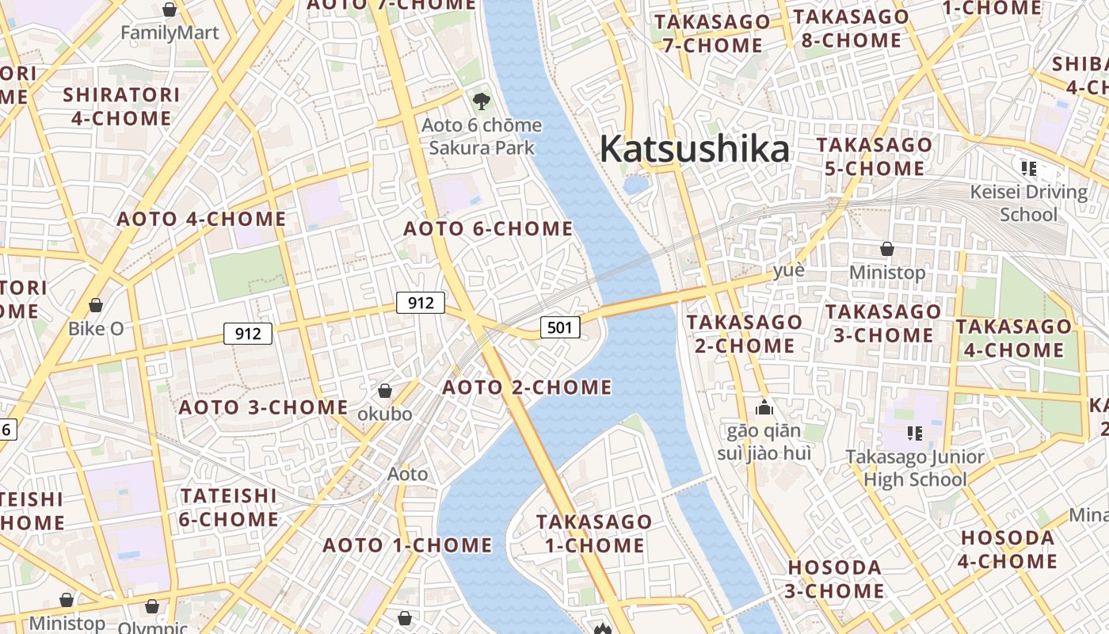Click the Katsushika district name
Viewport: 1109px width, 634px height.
(694, 148)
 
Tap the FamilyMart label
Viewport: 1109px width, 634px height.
(170, 33)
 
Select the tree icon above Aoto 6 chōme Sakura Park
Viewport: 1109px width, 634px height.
(481, 101)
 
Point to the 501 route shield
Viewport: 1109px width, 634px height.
(560, 327)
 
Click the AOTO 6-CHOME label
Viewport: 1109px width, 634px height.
(488, 229)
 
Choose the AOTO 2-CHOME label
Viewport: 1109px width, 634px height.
(527, 388)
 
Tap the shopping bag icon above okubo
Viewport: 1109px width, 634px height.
(385, 391)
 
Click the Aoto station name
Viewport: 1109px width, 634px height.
(407, 474)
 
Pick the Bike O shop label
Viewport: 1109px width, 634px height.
(96, 328)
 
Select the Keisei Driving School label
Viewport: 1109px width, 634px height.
(1029, 203)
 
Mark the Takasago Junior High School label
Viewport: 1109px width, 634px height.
(915, 468)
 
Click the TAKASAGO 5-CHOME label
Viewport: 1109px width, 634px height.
(875, 156)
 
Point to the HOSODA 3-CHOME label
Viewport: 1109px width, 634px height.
(835, 579)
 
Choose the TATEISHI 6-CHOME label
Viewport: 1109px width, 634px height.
(229, 508)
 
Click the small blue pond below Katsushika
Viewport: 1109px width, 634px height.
(635, 185)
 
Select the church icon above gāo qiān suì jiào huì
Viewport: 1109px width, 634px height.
(764, 408)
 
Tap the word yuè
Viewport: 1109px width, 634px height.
(789, 270)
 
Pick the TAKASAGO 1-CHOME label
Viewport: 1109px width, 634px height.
(594, 533)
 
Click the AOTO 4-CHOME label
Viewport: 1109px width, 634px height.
(201, 219)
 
